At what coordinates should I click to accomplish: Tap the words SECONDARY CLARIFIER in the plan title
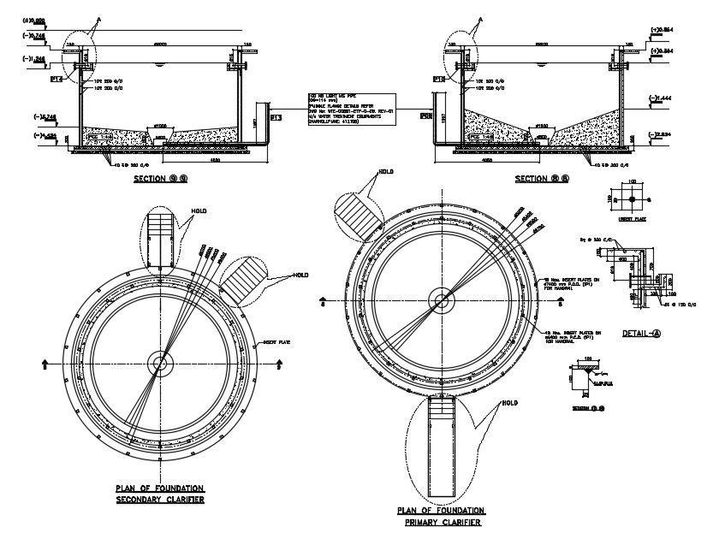pos(159,499)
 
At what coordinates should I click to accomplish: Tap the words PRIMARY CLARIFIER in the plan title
pos(439,521)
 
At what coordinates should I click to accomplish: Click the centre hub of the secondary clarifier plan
pos(159,363)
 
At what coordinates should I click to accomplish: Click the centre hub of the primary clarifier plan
pos(442,300)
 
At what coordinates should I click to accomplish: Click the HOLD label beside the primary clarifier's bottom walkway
pos(509,402)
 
